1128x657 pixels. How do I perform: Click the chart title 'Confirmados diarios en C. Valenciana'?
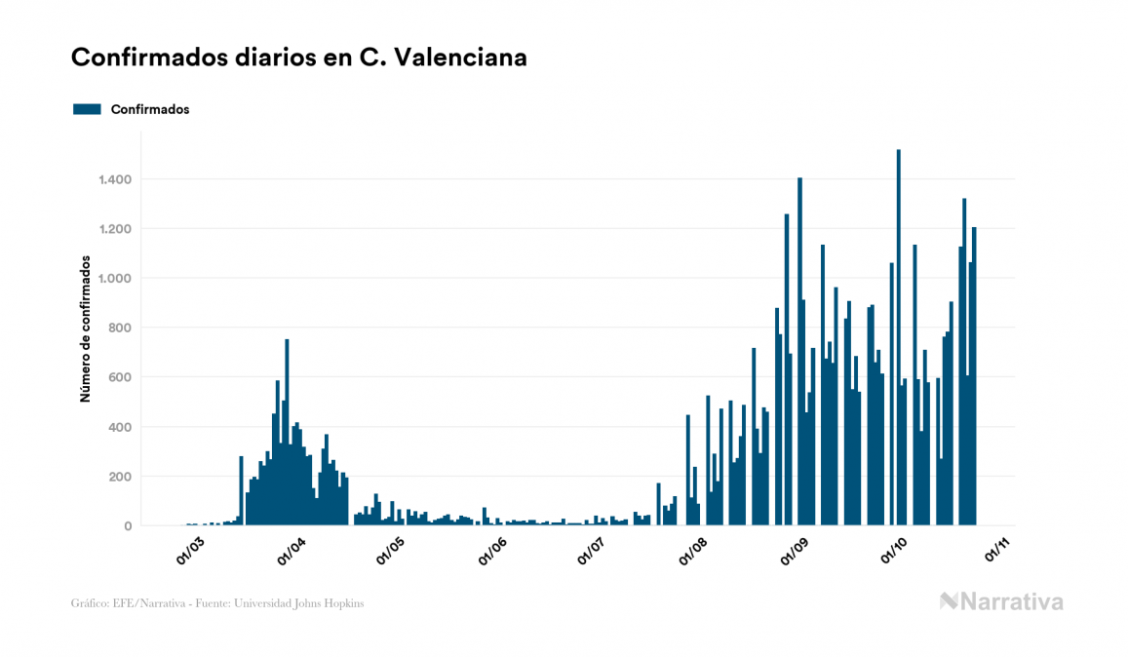coord(298,58)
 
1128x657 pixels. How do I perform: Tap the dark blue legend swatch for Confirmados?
coord(87,109)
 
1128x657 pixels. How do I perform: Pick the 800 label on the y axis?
coord(119,328)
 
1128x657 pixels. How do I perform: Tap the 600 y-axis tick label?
coord(119,377)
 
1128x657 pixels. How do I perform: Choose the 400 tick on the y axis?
coord(119,427)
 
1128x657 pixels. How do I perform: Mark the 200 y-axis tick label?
coord(119,477)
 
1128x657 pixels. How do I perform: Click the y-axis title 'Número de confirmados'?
coord(86,329)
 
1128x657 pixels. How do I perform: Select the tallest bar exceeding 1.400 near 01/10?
coord(898,336)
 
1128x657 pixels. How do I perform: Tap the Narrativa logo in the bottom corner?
coord(1001,601)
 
